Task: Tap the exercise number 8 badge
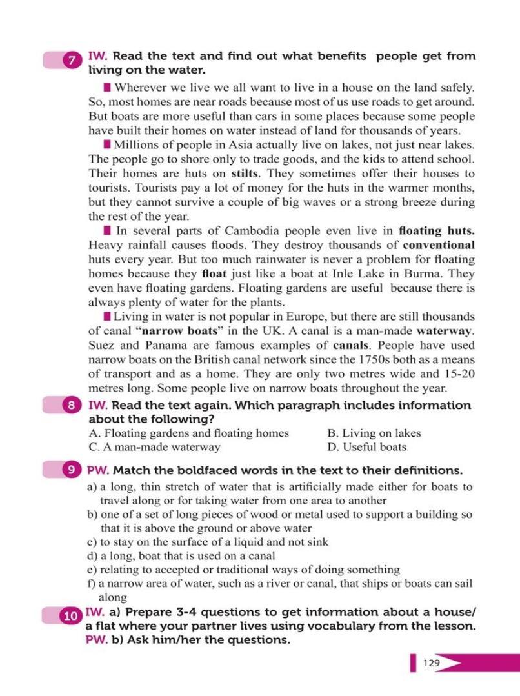[x=71, y=406]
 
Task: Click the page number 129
[x=432, y=662]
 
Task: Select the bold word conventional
[x=438, y=245]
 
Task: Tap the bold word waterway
[x=446, y=331]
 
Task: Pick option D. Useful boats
[x=366, y=446]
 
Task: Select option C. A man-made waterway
[x=154, y=446]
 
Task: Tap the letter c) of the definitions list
[x=92, y=542]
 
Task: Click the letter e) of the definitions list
[x=92, y=570]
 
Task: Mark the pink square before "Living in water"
[x=106, y=316]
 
